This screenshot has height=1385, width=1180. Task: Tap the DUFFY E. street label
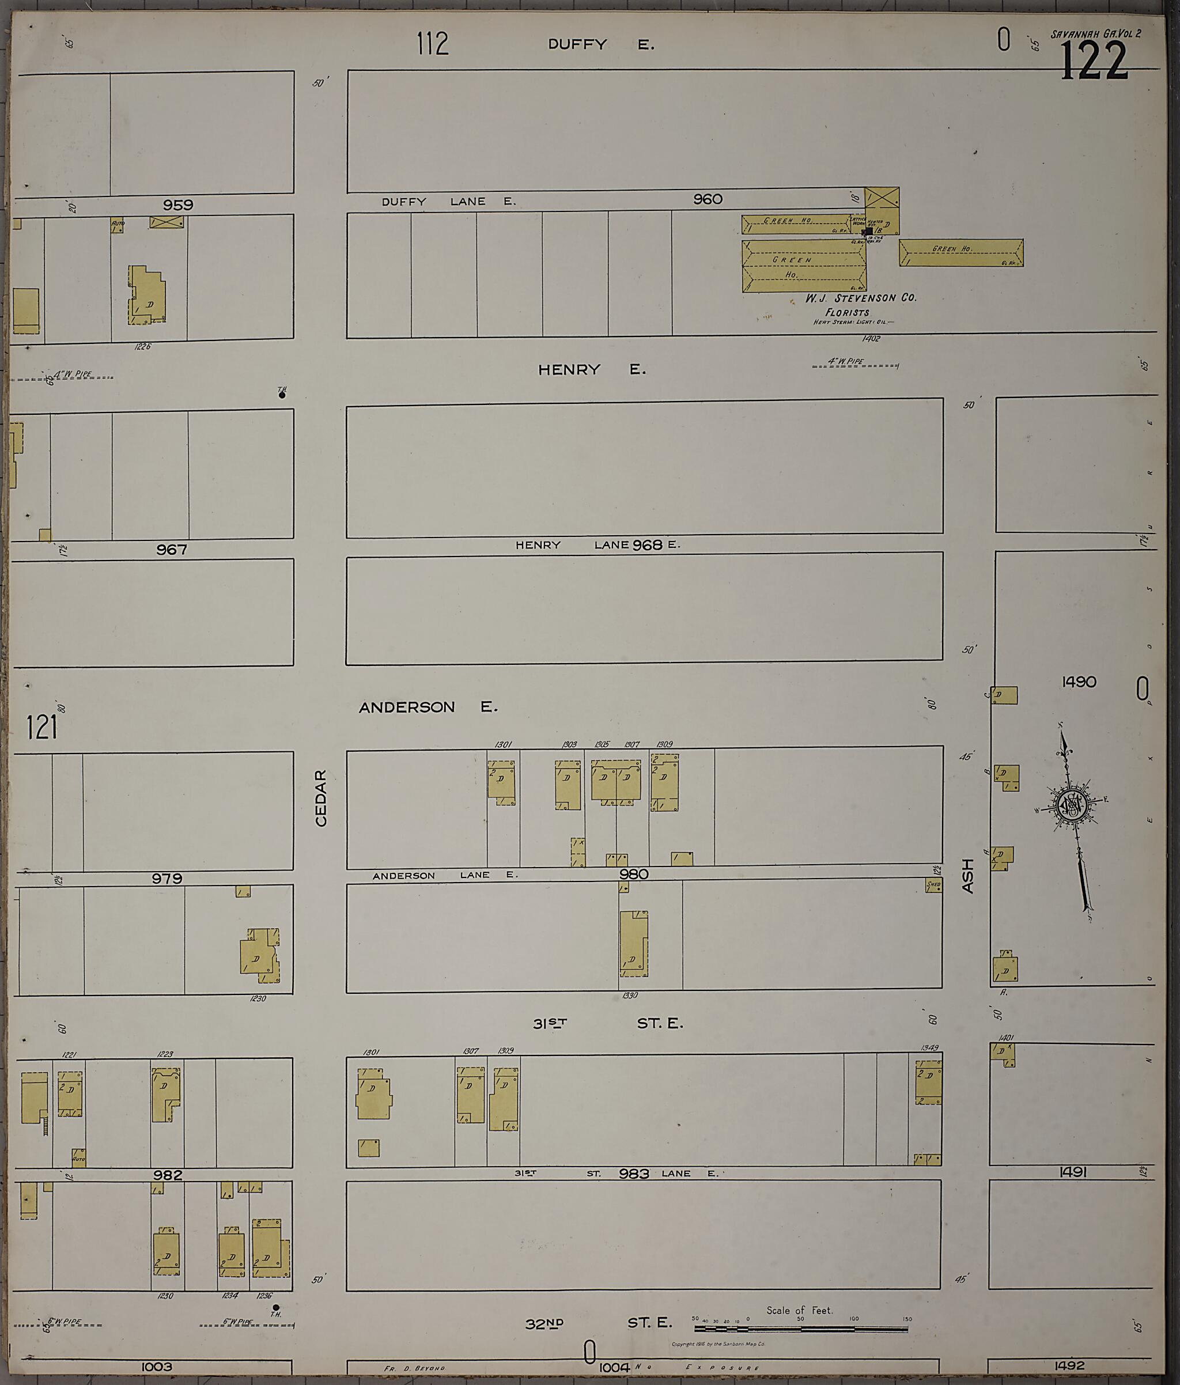point(600,45)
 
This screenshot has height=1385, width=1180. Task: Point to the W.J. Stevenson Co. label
point(860,298)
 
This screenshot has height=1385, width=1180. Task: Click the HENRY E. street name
point(592,369)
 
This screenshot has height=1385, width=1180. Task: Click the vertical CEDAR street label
point(322,798)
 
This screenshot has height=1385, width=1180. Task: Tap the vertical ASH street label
point(967,876)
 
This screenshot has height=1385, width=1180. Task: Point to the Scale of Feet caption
point(800,1310)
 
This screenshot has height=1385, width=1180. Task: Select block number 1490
point(1079,682)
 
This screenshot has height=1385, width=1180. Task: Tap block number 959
point(178,205)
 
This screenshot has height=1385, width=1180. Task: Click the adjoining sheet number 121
point(42,727)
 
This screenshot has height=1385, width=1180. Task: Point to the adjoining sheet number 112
point(433,44)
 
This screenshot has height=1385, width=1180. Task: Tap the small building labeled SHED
point(933,885)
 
